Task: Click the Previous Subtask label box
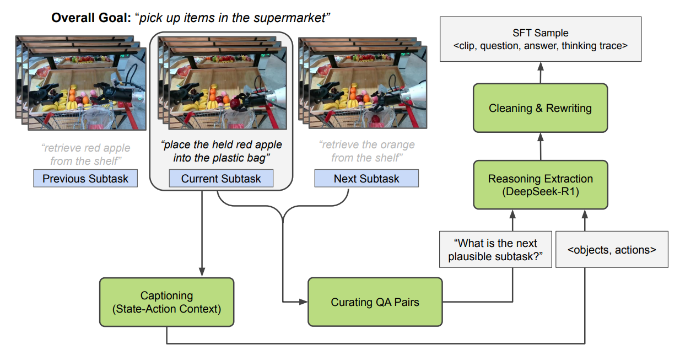click(85, 178)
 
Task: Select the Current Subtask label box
click(221, 178)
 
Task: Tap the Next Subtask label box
click(366, 178)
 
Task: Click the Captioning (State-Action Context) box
click(166, 302)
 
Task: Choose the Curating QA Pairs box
click(375, 302)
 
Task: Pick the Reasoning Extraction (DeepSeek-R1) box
click(541, 185)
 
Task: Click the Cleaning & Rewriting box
click(541, 108)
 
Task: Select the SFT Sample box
click(541, 39)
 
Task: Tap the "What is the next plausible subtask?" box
click(495, 249)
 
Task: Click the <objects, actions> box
click(612, 249)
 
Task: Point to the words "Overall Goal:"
click(91, 18)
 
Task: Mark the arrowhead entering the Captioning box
click(202, 272)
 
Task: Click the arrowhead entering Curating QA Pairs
click(303, 302)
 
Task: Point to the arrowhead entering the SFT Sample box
click(541, 67)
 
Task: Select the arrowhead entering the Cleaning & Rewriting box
click(541, 137)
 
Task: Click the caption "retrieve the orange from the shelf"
click(366, 151)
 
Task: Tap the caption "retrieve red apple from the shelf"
click(85, 154)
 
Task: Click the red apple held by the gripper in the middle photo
click(235, 104)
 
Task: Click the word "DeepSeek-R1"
click(541, 192)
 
